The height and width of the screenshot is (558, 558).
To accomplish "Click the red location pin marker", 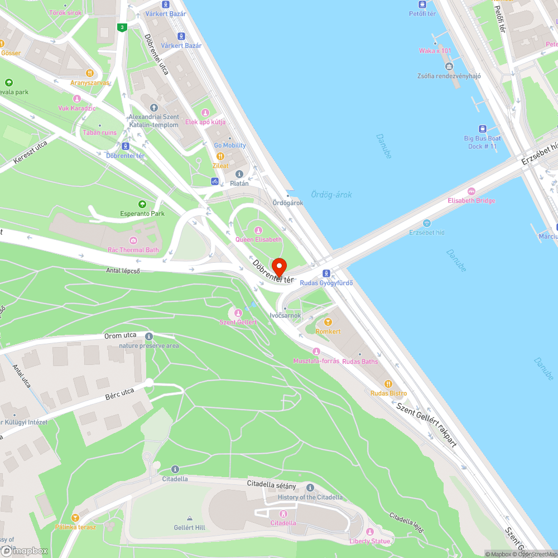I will click(278, 267).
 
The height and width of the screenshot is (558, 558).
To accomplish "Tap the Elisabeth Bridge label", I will click(471, 201).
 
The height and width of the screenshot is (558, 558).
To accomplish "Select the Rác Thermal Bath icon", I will click(133, 240).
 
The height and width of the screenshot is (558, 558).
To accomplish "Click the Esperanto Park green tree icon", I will click(142, 204).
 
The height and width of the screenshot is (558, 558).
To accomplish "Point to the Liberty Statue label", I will click(370, 541).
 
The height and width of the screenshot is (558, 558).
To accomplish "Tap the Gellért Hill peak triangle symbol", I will click(189, 518).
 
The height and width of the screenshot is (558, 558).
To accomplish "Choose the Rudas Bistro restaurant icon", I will click(388, 384).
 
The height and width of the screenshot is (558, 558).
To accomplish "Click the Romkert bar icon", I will click(328, 322).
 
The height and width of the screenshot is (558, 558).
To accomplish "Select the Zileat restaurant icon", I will click(220, 156).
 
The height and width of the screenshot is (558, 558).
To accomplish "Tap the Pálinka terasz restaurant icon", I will click(75, 518).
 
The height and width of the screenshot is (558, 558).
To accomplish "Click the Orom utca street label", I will click(121, 336).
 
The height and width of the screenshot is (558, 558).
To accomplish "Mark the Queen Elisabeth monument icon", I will click(258, 230).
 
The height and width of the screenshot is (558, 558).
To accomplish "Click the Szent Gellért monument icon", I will click(238, 313).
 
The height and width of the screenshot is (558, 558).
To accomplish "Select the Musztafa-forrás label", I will click(316, 361).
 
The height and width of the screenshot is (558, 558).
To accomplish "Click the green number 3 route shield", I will click(122, 27).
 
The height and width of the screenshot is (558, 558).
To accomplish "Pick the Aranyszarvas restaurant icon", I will click(89, 73).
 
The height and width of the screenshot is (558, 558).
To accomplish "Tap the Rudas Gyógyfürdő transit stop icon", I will click(326, 273).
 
